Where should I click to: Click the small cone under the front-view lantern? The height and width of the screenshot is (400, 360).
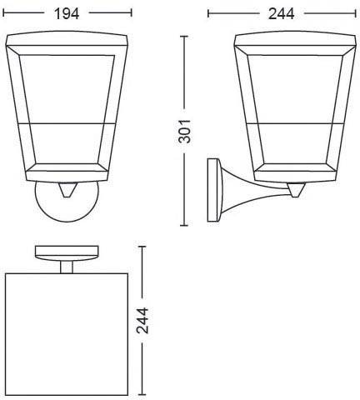[67, 189]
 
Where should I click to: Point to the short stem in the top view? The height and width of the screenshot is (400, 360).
[66, 266]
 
